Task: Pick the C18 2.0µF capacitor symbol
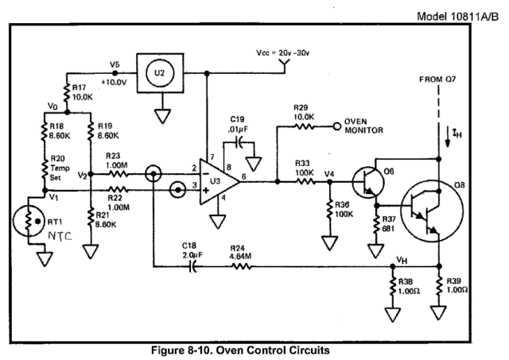(x=190, y=268)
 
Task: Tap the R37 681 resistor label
(x=387, y=223)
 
